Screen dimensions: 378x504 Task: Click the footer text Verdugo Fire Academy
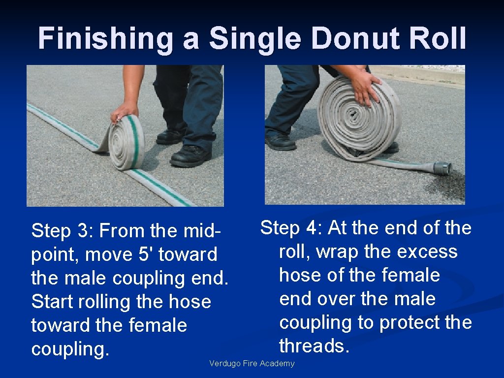[252, 364]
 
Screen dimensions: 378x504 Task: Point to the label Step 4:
[291, 228]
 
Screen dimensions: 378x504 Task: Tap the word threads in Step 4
[314, 346]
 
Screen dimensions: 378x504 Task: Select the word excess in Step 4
[427, 252]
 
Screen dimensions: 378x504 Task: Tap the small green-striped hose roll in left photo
[127, 142]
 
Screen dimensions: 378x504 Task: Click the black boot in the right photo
[280, 142]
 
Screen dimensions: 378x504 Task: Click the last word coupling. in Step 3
[69, 349]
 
